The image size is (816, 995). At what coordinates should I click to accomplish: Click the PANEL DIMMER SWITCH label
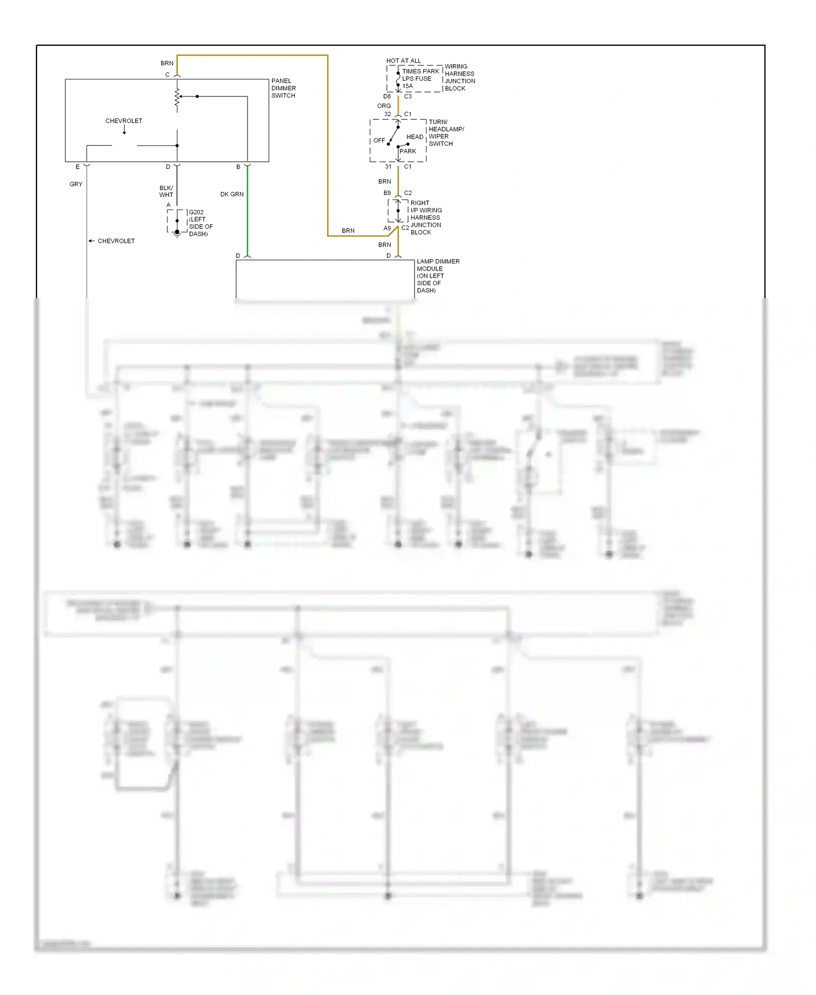[x=283, y=88]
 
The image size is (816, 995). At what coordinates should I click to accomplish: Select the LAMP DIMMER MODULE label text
[x=437, y=275]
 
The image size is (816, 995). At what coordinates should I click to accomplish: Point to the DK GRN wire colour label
[x=232, y=194]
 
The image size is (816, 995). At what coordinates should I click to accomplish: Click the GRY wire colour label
[x=76, y=185]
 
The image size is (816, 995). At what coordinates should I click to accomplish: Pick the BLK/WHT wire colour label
[x=166, y=191]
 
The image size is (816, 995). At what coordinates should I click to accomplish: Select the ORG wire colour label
[x=384, y=106]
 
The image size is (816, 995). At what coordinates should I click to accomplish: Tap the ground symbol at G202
[x=177, y=234]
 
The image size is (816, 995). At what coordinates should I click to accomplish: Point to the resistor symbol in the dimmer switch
[x=177, y=97]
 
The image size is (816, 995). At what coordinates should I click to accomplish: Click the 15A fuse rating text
[x=407, y=86]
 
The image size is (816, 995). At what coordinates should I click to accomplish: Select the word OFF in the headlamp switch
[x=379, y=140]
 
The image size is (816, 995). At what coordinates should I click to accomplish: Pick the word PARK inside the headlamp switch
[x=408, y=151]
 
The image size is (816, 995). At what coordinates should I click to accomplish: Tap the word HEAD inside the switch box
[x=415, y=137]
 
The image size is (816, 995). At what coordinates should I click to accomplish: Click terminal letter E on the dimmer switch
[x=78, y=167]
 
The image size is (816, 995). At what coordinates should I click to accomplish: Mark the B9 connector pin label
[x=387, y=193]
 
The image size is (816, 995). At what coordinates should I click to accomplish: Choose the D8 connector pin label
[x=387, y=96]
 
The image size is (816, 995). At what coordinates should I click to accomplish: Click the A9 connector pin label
[x=387, y=228]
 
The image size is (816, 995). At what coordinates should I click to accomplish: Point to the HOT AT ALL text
[x=404, y=61]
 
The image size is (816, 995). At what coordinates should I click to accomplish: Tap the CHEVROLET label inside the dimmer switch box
[x=124, y=121]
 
